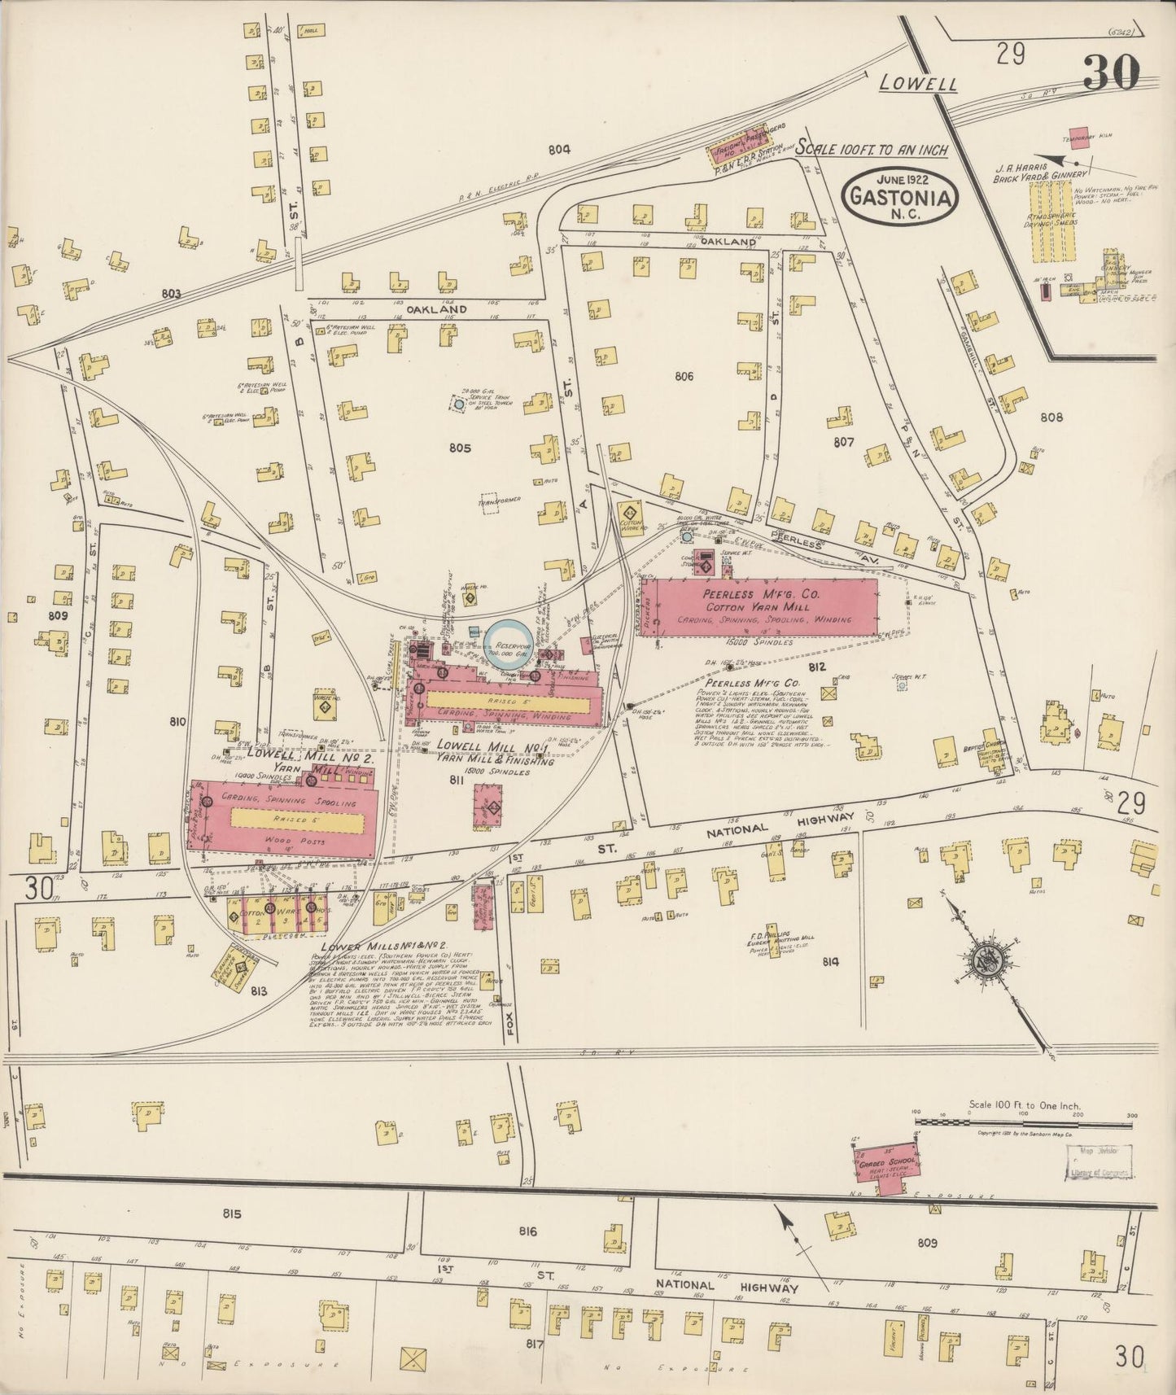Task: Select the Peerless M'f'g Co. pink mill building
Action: click(x=760, y=607)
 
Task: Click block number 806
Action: click(x=683, y=376)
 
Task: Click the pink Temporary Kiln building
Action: click(x=1080, y=133)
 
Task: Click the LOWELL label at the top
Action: click(x=918, y=84)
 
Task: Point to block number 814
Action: click(x=830, y=961)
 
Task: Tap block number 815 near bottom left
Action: click(x=232, y=1214)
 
